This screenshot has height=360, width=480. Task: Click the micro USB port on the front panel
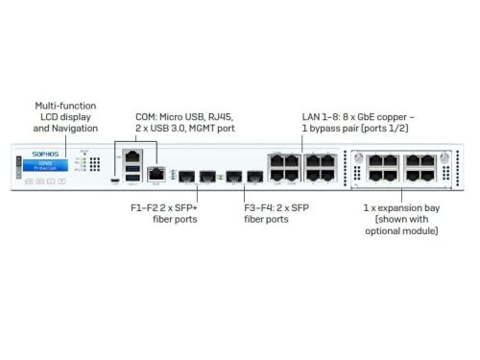115,180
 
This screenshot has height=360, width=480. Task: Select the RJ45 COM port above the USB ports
132,155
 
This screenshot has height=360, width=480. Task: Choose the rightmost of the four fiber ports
253,177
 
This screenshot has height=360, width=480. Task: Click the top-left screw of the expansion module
355,154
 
